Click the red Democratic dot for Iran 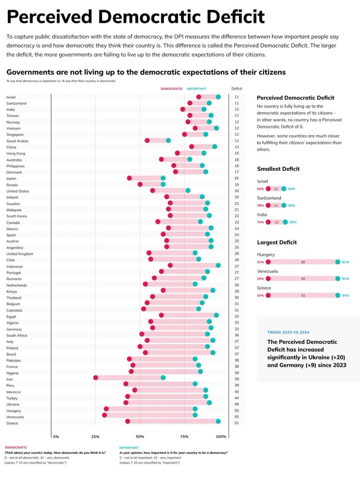[95, 378]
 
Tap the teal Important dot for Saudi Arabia [168, 140]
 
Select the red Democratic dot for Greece [128, 421]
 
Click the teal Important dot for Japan [163, 178]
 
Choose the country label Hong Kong [15, 153]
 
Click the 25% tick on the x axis [95, 436]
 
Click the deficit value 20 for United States [236, 191]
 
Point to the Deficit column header [236, 89]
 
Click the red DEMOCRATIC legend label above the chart [172, 89]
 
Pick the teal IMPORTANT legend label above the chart [196, 89]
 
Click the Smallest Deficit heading [278, 169]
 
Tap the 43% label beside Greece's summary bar [261, 295]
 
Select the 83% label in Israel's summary [261, 189]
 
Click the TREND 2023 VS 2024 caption [288, 332]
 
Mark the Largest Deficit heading [277, 242]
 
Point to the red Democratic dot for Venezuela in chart [105, 415]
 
